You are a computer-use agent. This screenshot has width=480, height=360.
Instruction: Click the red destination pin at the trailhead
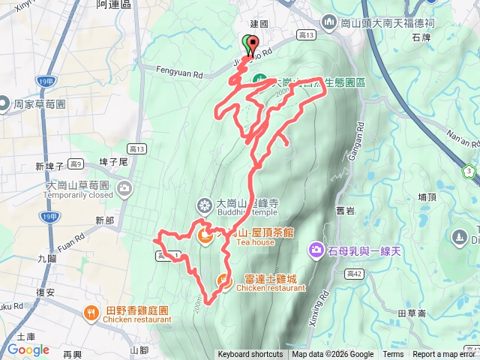[x=252, y=44]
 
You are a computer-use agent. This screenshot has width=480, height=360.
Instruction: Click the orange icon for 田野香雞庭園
[x=91, y=312]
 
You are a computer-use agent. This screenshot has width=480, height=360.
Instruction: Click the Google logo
[x=28, y=350]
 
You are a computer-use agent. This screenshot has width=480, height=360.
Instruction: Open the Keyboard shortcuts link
[x=250, y=355]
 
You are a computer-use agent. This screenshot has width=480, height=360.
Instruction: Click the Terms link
[x=393, y=355]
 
